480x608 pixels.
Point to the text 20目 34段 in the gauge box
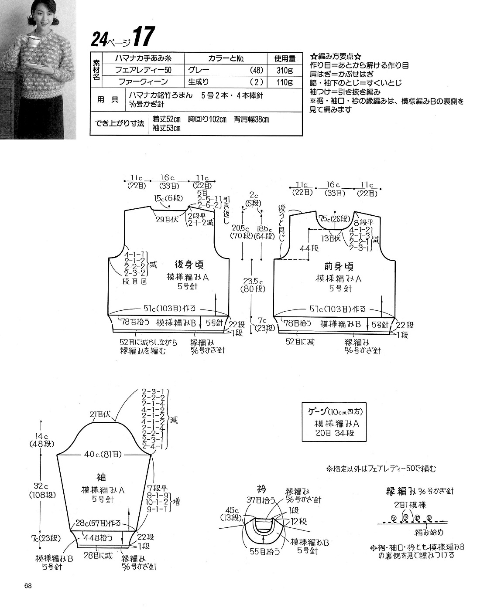[334, 433]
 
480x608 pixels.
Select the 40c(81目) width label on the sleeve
[103, 455]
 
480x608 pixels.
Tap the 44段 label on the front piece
[309, 248]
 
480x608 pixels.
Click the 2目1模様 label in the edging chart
[410, 505]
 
